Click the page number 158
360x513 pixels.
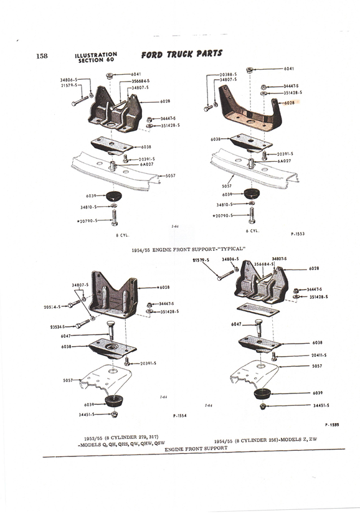click(42, 56)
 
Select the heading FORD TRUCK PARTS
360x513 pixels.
click(181, 54)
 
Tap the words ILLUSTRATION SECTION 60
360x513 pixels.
click(95, 58)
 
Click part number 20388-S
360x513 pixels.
click(229, 74)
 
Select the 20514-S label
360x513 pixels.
click(52, 307)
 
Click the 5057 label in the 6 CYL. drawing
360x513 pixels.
click(227, 186)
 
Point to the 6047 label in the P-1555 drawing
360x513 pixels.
click(237, 324)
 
